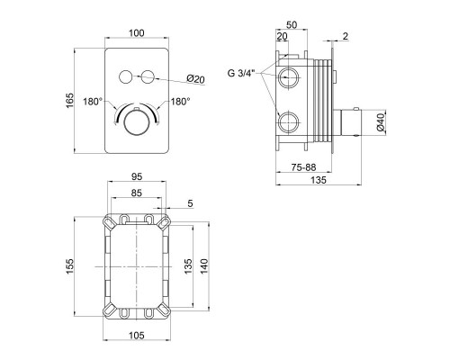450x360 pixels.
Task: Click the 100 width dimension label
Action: [x=137, y=32]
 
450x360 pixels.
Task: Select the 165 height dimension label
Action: [x=69, y=101]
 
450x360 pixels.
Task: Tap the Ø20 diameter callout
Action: [x=195, y=78]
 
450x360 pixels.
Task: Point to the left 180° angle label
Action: [x=93, y=102]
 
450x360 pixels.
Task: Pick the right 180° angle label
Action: [x=181, y=102]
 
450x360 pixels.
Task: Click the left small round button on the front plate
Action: [x=125, y=76]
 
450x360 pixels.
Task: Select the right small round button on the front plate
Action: [x=148, y=76]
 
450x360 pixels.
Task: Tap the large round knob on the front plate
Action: [x=137, y=123]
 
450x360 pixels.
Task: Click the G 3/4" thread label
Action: [x=241, y=73]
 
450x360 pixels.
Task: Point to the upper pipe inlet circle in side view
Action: [x=288, y=77]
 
